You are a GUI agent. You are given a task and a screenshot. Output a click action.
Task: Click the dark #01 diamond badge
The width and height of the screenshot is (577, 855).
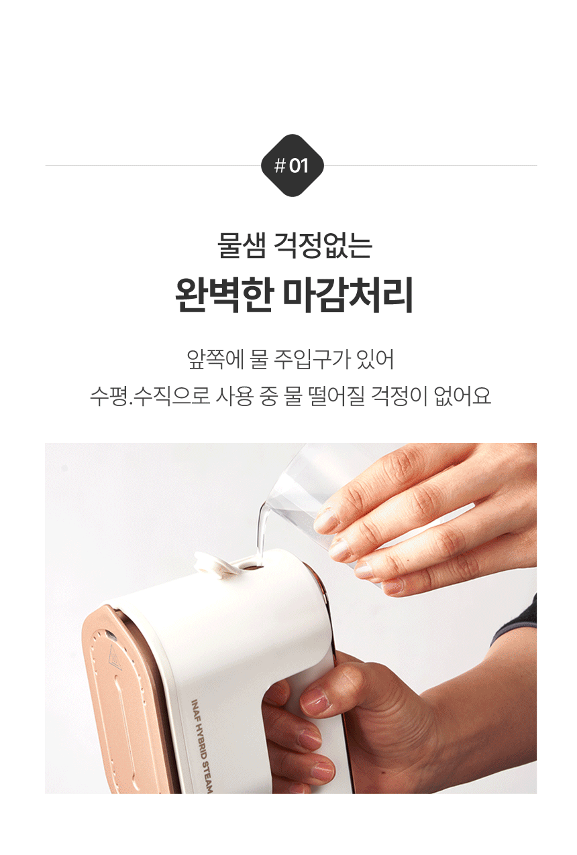click(293, 166)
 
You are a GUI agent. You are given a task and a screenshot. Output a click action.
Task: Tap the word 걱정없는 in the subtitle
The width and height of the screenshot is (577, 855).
click(323, 245)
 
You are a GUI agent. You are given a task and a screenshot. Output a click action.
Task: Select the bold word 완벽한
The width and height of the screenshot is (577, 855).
click(223, 295)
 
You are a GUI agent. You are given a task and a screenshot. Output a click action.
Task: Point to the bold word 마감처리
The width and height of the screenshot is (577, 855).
click(348, 295)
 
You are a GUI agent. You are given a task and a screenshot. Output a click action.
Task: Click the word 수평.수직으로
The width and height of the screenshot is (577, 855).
click(150, 396)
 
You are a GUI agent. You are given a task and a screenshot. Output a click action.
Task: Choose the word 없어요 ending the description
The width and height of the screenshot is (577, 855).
click(462, 396)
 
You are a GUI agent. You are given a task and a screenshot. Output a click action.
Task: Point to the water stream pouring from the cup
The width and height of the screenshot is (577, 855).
click(262, 533)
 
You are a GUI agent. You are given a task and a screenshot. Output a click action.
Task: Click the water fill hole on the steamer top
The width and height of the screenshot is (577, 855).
click(251, 567)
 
